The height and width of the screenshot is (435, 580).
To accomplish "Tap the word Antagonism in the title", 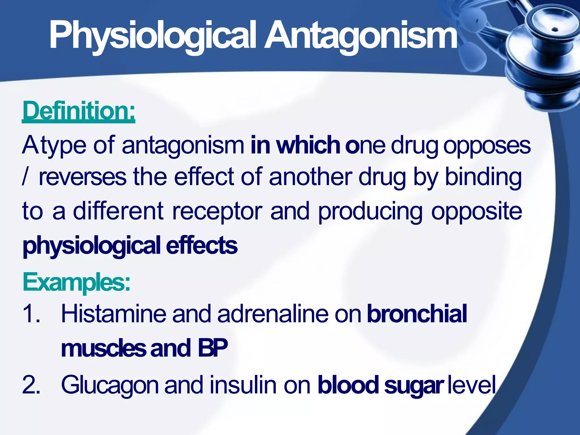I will point(361,35).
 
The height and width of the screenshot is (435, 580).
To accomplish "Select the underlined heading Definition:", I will point(79,111).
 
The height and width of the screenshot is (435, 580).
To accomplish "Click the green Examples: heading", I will point(76,282).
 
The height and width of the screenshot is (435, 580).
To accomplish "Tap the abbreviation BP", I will point(212,348).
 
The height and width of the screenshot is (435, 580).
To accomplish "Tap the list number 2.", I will point(31,385).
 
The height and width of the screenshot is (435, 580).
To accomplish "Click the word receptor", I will point(217,212).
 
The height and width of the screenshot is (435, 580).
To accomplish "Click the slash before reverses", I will point(25,177).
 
